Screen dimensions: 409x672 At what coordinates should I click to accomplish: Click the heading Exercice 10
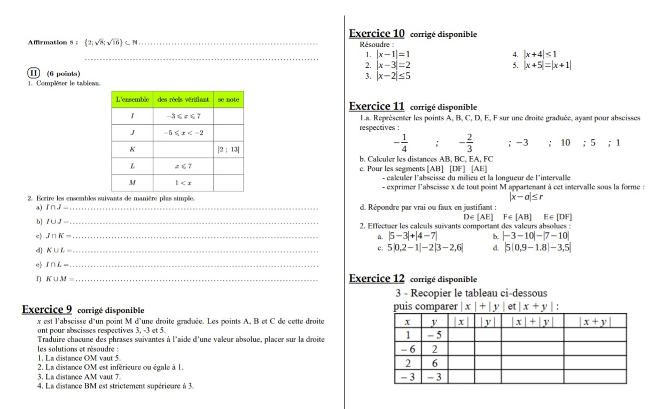[x=377, y=33]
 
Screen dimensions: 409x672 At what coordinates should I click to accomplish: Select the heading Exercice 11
[x=377, y=106]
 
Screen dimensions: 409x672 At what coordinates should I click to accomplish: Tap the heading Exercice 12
[x=377, y=278]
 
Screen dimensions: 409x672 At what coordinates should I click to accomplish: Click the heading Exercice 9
[x=47, y=309]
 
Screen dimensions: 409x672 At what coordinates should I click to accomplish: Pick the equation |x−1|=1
[x=393, y=55]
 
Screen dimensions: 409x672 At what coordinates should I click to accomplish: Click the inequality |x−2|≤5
[x=393, y=76]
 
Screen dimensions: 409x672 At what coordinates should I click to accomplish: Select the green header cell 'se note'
[x=229, y=99]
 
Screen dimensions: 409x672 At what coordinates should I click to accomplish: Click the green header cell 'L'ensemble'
[x=132, y=99]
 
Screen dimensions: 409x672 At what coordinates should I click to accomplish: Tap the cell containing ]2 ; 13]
[x=229, y=150]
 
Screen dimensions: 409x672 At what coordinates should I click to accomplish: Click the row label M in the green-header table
[x=132, y=183]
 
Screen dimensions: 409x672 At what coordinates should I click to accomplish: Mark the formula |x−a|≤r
[x=526, y=197]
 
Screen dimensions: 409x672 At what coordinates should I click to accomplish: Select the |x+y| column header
[x=595, y=321]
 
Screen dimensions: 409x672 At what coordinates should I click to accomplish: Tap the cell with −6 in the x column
[x=408, y=349]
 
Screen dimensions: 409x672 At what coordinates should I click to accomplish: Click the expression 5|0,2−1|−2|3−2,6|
[x=425, y=247]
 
